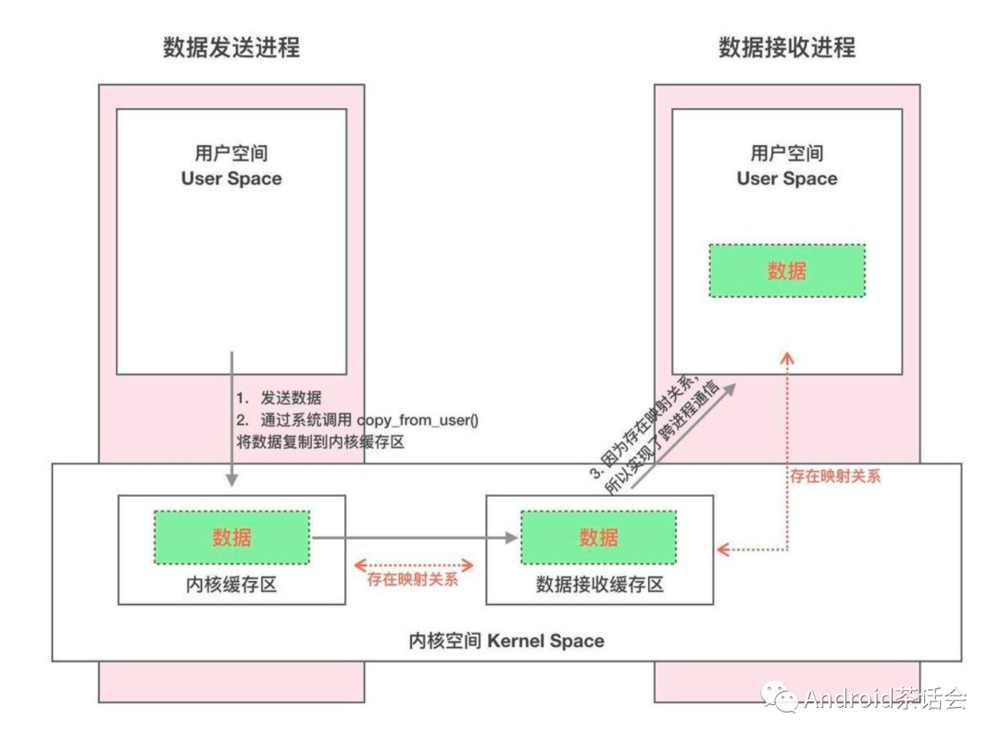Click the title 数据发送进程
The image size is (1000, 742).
231,47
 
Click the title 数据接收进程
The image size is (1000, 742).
787,47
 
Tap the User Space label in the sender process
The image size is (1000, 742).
231,179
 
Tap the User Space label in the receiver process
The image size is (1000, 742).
787,179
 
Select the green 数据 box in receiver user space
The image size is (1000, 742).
787,270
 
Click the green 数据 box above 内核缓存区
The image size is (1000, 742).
231,537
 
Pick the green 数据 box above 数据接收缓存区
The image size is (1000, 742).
598,537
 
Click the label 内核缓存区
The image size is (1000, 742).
231,585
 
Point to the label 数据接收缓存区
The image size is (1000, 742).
599,585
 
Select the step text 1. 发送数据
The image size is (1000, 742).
278,398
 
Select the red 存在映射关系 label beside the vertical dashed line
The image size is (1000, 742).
835,476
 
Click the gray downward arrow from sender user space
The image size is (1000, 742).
231,416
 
